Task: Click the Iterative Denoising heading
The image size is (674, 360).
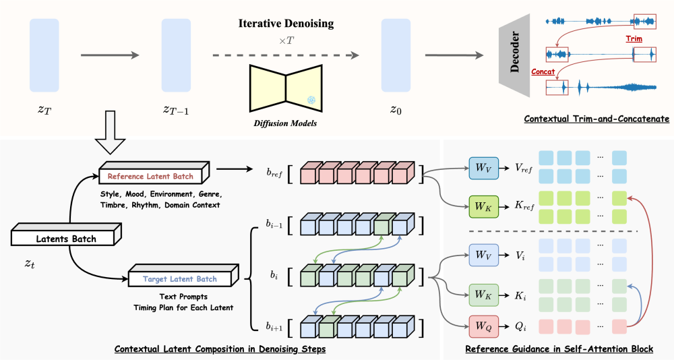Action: pos(286,24)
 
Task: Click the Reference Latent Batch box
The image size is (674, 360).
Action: pos(155,177)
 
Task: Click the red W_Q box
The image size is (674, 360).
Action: pos(483,325)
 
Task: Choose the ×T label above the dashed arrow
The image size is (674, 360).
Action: pos(286,40)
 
